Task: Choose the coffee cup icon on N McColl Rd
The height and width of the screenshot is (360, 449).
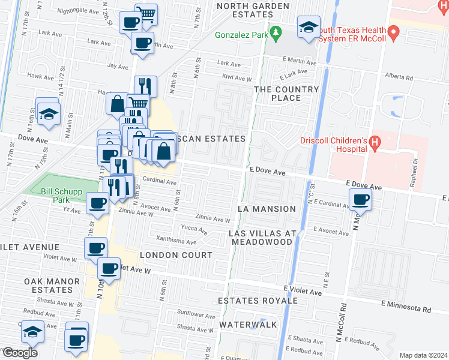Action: click(x=360, y=200)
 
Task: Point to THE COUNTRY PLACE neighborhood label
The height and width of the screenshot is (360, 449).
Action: click(x=286, y=94)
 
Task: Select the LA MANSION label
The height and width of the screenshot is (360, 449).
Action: click(x=267, y=209)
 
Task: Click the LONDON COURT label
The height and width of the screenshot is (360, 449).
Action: click(x=176, y=255)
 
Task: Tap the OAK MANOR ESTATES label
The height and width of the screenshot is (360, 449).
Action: click(x=52, y=286)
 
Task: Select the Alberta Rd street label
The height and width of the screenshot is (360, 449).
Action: click(x=399, y=77)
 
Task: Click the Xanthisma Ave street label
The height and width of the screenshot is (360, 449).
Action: click(x=176, y=242)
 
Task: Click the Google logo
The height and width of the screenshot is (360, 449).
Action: click(x=20, y=353)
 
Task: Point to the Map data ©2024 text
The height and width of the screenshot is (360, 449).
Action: click(x=423, y=355)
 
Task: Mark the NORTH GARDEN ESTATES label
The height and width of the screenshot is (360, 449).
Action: click(x=245, y=10)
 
